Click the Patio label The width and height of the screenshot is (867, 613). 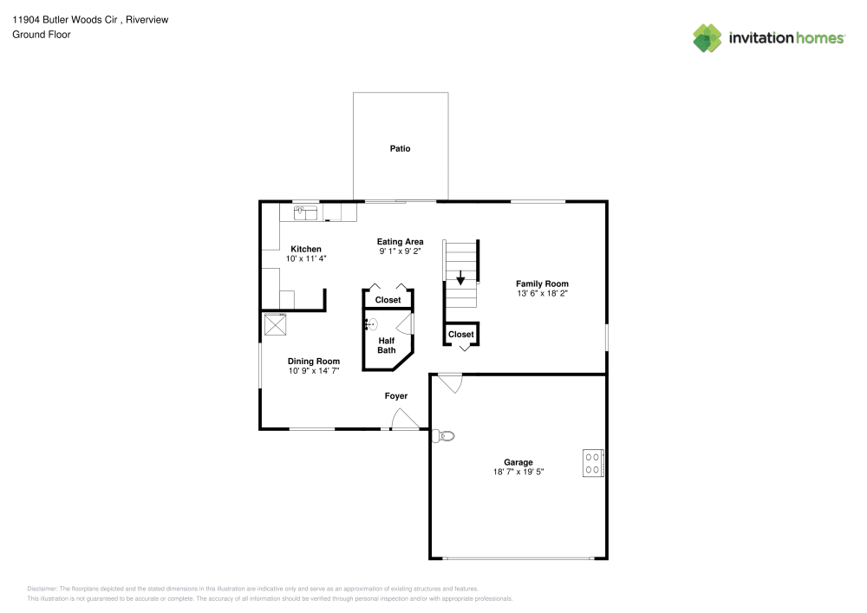click(x=400, y=149)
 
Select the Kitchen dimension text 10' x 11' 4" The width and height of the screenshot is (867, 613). click(x=306, y=258)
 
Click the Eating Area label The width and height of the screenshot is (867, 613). click(x=400, y=242)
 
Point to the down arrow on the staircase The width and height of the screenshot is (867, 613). click(x=460, y=279)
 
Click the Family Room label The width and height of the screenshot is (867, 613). click(x=542, y=284)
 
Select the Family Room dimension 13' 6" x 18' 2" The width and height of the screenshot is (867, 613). click(x=542, y=293)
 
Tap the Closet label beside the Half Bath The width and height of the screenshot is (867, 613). click(x=388, y=300)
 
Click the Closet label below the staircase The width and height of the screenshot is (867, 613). click(x=461, y=334)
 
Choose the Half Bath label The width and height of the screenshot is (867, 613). click(x=387, y=345)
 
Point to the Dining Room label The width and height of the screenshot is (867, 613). click(x=314, y=362)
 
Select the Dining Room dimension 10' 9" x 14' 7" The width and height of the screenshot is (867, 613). click(x=314, y=371)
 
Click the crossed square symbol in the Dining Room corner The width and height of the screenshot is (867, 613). click(x=277, y=324)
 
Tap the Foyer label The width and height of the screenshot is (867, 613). click(x=396, y=396)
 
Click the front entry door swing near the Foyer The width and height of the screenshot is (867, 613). click(x=404, y=419)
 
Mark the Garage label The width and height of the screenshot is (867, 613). click(x=518, y=462)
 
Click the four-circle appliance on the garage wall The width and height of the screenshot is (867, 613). click(x=593, y=463)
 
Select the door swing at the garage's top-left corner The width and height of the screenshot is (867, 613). click(x=449, y=382)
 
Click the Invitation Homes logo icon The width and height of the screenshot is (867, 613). click(x=707, y=37)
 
